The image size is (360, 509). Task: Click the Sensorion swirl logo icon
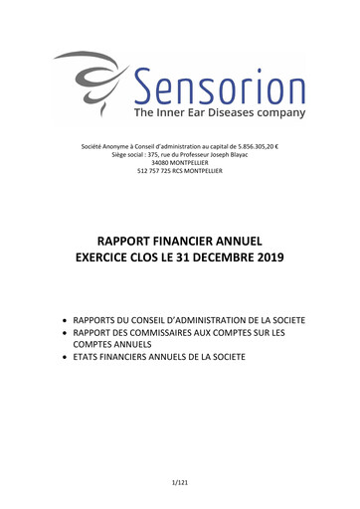tap(88, 81)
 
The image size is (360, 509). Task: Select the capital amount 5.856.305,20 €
tap(258, 147)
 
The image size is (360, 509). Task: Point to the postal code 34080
tap(155, 163)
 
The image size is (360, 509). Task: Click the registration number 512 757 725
tap(157, 171)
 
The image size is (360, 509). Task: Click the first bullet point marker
tap(66, 319)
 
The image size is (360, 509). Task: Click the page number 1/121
tap(180, 482)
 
